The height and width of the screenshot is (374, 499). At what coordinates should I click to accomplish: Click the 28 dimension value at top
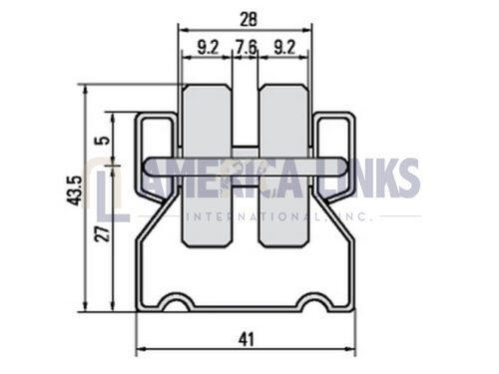tap(249, 19)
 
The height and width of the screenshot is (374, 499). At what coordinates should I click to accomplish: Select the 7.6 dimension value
tap(246, 47)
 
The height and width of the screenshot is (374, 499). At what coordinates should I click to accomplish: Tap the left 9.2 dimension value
tap(208, 47)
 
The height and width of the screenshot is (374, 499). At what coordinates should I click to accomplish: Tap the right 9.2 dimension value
tap(284, 47)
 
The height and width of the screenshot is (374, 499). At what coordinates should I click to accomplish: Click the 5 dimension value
tap(104, 141)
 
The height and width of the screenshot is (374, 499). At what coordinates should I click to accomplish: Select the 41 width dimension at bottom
tap(247, 339)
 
